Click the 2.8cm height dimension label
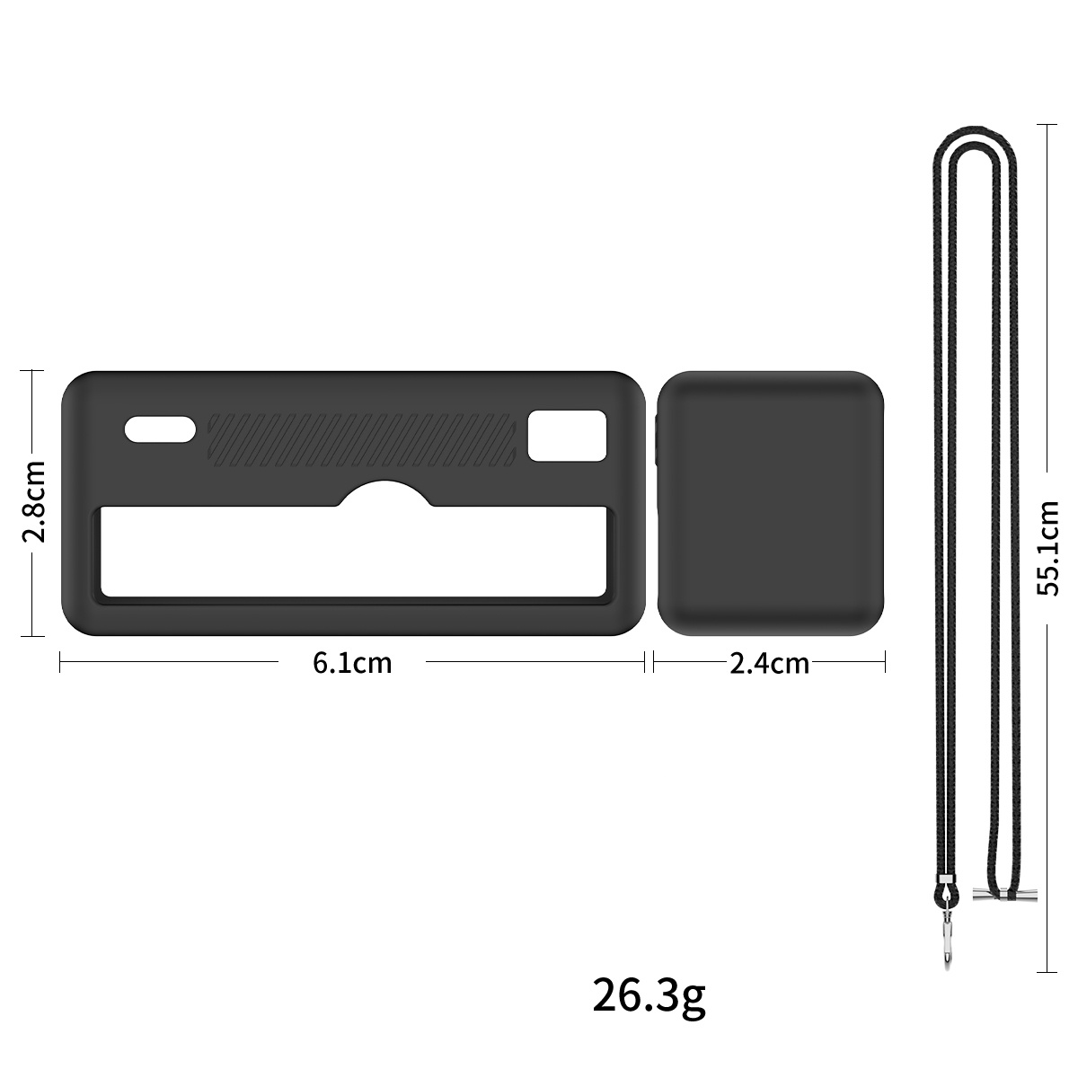pyautogui.click(x=33, y=502)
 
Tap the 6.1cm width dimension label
pyautogui.click(x=352, y=663)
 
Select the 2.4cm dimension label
pyautogui.click(x=769, y=664)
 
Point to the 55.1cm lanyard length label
pyautogui.click(x=1047, y=548)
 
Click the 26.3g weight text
pyautogui.click(x=649, y=995)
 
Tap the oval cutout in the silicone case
pyautogui.click(x=161, y=429)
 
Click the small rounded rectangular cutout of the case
pyautogui.click(x=567, y=436)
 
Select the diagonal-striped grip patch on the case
pyautogui.click(x=362, y=439)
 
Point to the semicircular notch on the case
pyautogui.click(x=384, y=492)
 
